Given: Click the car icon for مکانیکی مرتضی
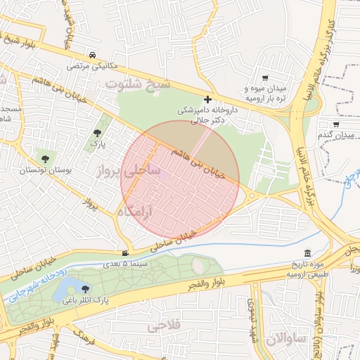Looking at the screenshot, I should [x=93, y=54].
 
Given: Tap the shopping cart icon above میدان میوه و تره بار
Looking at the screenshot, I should [x=265, y=78].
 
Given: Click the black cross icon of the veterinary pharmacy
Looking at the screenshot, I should [x=207, y=100].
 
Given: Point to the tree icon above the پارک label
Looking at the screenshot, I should [x=96, y=131].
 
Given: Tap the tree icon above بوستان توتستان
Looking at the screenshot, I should [x=46, y=159].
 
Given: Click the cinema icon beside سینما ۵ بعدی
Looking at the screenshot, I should [x=125, y=253].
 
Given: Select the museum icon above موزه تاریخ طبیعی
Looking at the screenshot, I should [x=307, y=253].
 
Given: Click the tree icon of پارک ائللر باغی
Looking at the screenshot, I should [x=86, y=288].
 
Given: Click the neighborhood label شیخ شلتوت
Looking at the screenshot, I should [x=138, y=84].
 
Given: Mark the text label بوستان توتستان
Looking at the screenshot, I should [x=41, y=171].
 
